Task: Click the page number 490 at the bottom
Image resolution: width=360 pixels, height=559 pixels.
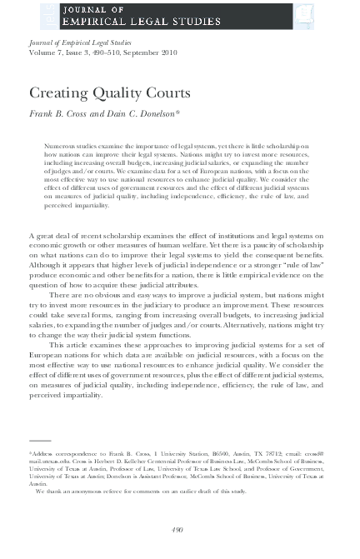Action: [x=177, y=530]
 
